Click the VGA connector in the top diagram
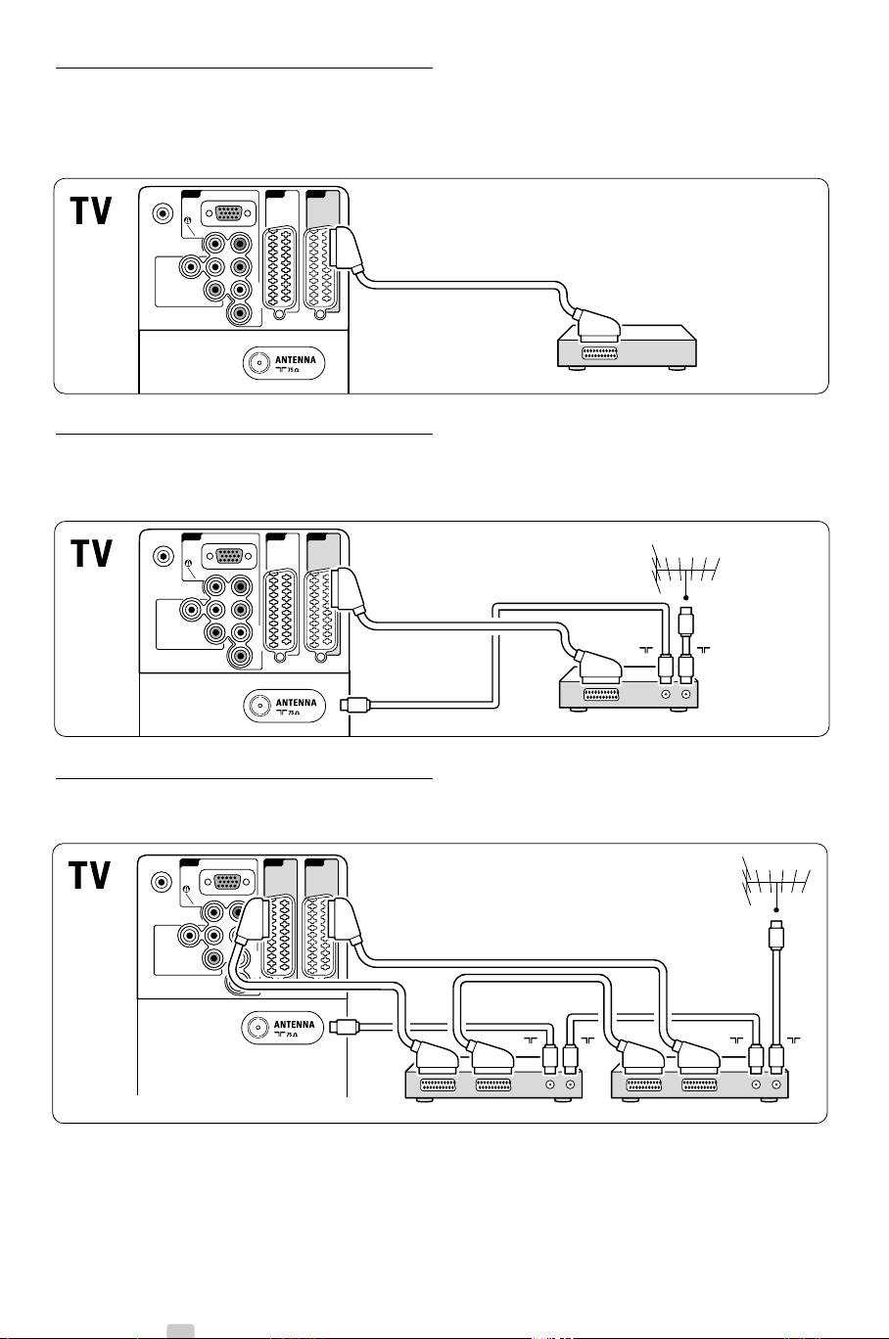(x=229, y=211)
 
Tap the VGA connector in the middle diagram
(x=229, y=554)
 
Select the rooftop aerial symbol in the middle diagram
(x=685, y=571)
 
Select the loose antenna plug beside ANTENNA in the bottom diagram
(x=347, y=1026)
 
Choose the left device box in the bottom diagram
(x=493, y=1084)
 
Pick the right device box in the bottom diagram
(x=699, y=1084)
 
